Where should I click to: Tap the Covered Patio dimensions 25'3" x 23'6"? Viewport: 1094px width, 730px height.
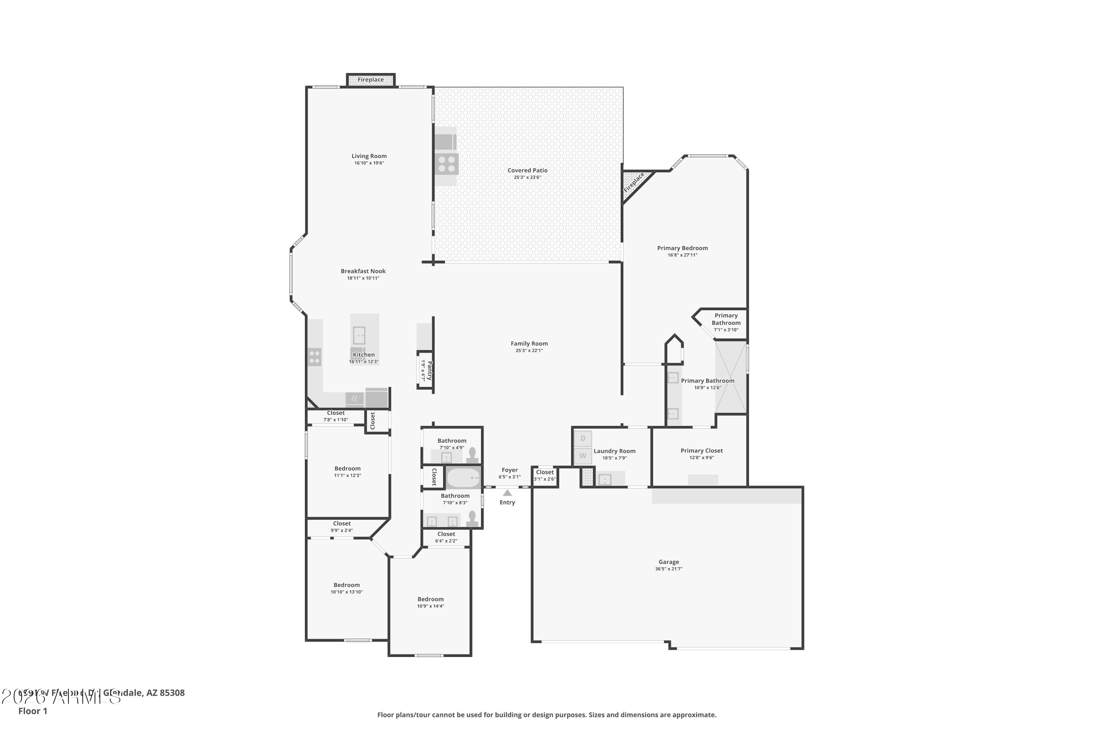(527, 177)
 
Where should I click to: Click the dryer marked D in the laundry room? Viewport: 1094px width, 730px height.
(583, 439)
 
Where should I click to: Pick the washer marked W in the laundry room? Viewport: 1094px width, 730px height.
(583, 456)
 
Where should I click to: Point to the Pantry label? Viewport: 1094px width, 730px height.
(429, 370)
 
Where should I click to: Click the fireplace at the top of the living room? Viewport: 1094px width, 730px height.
(371, 80)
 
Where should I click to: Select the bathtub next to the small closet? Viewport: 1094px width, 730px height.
(463, 478)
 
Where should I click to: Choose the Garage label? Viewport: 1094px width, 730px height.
(668, 562)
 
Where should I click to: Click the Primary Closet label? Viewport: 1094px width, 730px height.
(701, 451)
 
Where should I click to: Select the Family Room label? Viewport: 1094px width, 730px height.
(529, 343)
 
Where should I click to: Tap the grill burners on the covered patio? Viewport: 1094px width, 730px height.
(446, 164)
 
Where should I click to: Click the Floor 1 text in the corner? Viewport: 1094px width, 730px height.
(32, 711)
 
